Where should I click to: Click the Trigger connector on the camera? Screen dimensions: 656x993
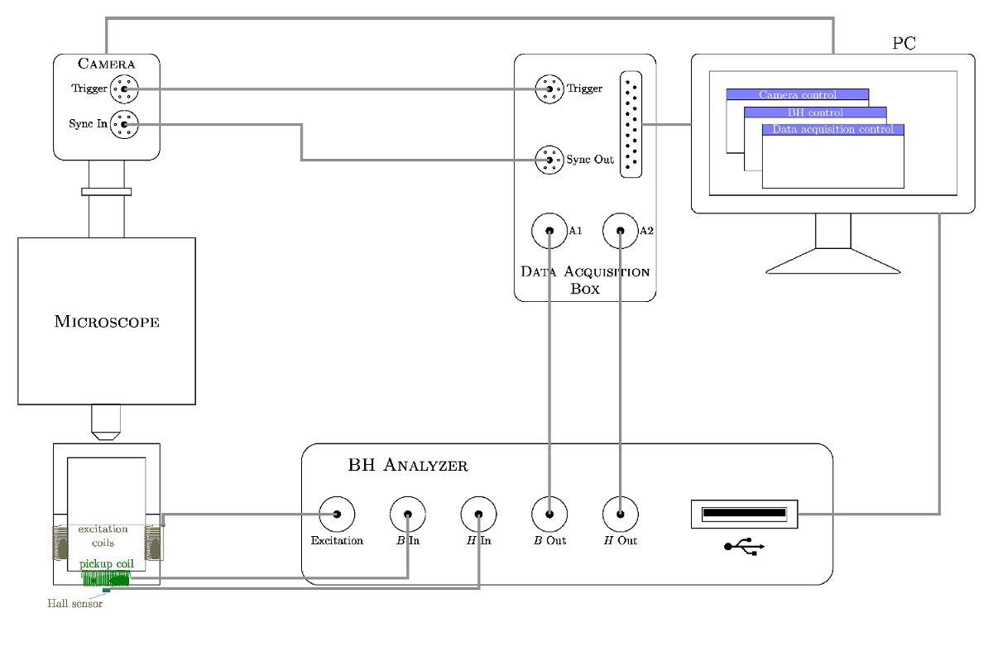coord(124,89)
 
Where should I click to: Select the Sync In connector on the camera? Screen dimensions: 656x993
coord(124,125)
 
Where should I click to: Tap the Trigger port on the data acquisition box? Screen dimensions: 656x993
coord(549,89)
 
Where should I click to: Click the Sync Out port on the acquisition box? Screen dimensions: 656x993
coord(549,159)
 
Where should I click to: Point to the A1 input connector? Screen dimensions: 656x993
coord(549,231)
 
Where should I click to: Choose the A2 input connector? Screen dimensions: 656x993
coord(620,231)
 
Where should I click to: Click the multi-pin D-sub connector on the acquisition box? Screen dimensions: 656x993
coord(631,123)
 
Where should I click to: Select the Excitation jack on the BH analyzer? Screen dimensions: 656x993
coord(337,515)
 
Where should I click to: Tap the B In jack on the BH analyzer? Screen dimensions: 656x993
coord(407,515)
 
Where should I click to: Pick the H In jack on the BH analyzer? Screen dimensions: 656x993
coord(478,515)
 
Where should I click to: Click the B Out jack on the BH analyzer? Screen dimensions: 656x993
coord(549,515)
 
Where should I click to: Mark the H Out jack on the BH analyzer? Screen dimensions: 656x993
coord(620,515)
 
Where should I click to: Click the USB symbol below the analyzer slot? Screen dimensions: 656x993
coord(744,547)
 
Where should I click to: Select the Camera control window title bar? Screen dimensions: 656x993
coord(797,94)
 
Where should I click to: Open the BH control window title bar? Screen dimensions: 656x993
coord(815,113)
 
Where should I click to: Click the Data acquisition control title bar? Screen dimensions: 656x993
coord(832,130)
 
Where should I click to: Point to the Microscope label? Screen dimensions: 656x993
coord(107,322)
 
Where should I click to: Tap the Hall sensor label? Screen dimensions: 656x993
coord(75,603)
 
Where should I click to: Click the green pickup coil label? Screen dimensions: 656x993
coord(107,564)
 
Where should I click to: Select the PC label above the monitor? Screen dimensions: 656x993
coord(904,43)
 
